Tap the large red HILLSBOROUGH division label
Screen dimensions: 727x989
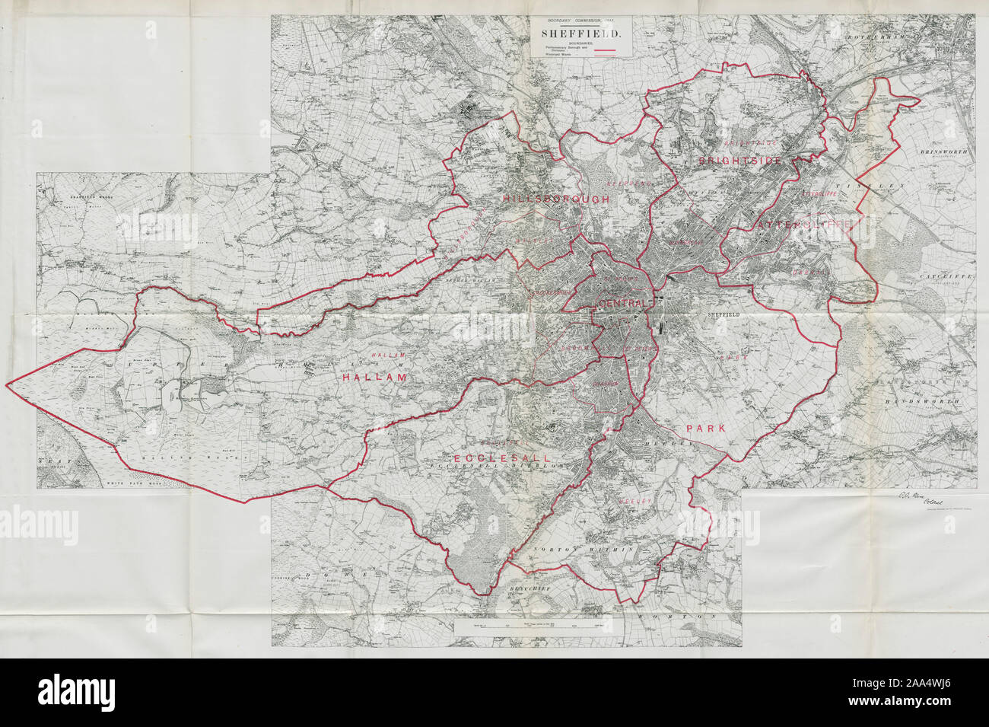(x=555, y=199)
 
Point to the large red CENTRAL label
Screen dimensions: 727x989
(x=622, y=304)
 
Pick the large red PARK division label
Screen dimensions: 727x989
(x=707, y=429)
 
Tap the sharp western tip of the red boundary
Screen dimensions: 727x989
(x=7, y=385)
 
